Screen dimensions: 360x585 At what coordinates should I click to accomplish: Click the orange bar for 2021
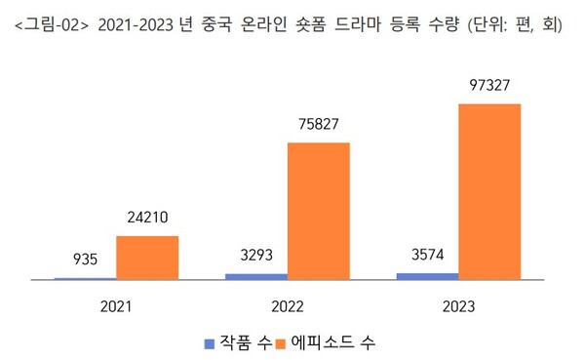click(x=147, y=258)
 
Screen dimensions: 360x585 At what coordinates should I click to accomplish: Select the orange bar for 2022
click(x=318, y=211)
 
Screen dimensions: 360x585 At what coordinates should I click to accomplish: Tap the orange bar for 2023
click(x=488, y=191)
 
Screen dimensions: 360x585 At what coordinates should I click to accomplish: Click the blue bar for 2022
click(x=255, y=277)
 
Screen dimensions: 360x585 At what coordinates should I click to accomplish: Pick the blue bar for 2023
click(x=426, y=276)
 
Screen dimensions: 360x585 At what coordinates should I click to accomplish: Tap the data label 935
click(x=85, y=260)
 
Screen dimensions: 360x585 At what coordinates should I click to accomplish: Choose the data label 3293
click(x=255, y=257)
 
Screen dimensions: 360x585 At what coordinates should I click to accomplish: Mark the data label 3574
click(x=426, y=256)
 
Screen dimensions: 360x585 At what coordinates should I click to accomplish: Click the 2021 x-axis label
click(x=116, y=305)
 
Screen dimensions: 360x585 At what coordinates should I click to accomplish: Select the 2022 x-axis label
click(x=287, y=305)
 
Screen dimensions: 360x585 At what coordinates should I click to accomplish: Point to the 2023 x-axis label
click(x=457, y=305)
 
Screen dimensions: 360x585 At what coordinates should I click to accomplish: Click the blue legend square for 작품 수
click(x=208, y=342)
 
